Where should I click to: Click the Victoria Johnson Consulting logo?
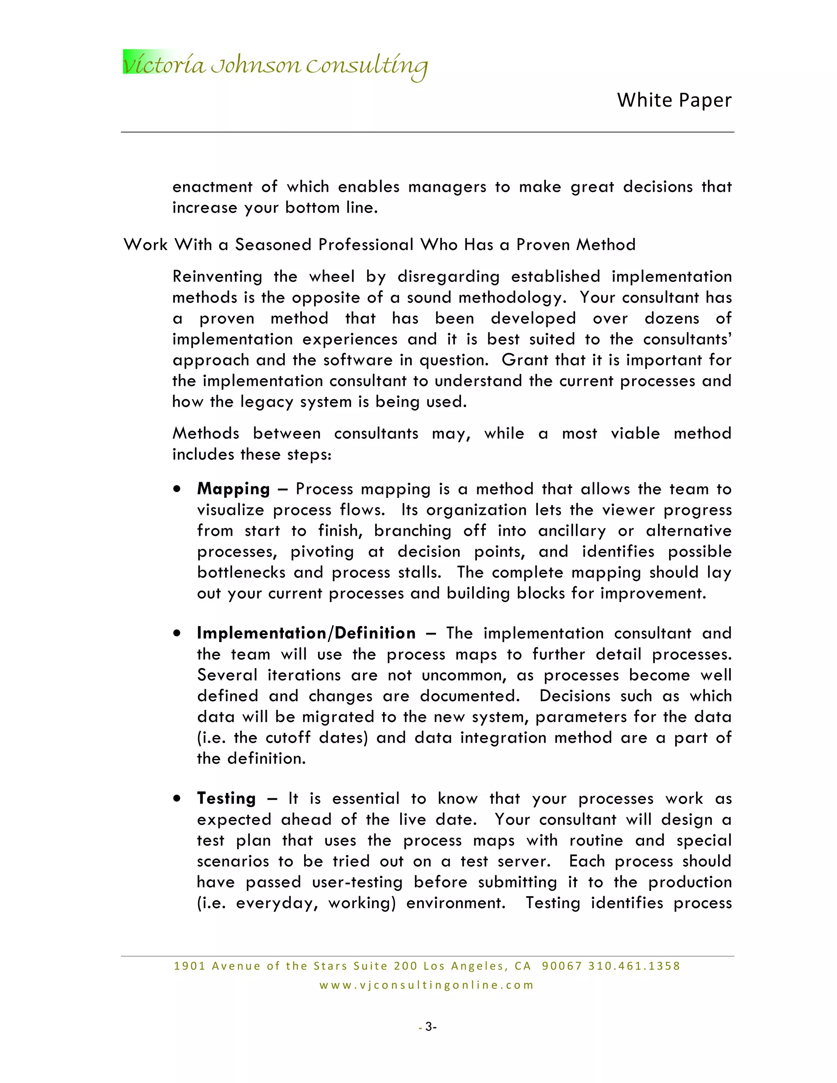point(275,65)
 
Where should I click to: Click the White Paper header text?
point(674,100)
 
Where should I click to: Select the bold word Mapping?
point(233,489)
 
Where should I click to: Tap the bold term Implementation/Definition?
point(306,633)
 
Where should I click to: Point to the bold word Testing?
point(226,799)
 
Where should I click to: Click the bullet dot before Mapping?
point(177,489)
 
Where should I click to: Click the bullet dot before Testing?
point(177,799)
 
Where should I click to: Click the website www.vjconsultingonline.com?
point(426,985)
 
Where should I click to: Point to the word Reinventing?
point(217,277)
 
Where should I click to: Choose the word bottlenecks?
point(241,572)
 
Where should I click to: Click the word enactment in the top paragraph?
point(212,187)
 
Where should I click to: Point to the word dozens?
point(672,318)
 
